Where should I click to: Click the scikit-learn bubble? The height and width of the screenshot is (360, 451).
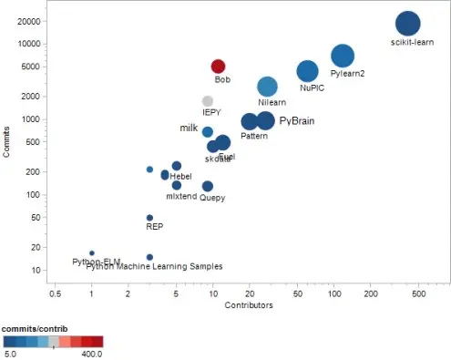coord(407,25)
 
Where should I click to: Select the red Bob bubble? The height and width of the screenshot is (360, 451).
coord(218,67)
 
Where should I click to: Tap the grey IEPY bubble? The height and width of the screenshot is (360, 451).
coord(208,101)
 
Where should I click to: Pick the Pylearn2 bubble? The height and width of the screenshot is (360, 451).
coord(343,56)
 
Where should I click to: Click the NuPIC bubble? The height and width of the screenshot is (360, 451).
coord(308,71)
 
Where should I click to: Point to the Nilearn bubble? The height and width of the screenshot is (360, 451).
coord(267,87)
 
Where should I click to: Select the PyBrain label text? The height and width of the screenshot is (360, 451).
coord(296,120)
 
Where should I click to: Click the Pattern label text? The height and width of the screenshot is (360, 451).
coord(254,136)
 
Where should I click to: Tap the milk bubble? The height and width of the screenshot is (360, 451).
coord(208,132)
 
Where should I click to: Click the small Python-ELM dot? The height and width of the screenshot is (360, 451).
coord(92,252)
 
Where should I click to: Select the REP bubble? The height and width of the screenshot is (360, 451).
coord(149,218)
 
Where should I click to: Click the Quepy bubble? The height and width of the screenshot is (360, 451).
coord(208,186)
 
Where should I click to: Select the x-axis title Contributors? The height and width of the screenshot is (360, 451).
coord(250,306)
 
